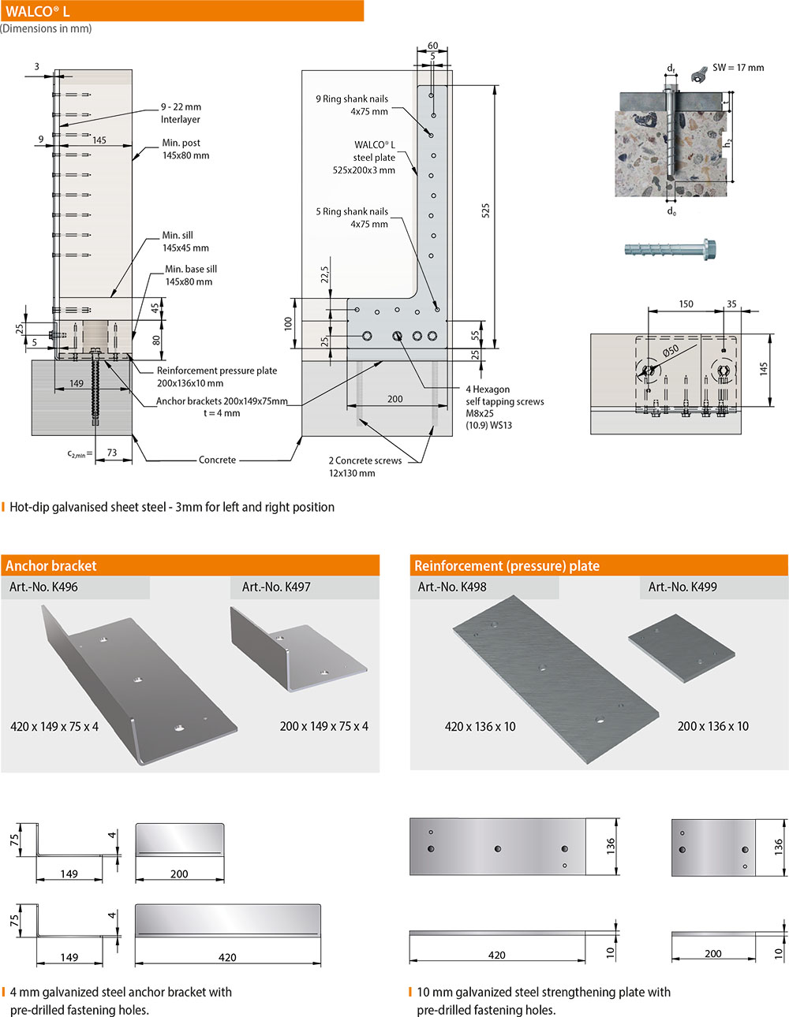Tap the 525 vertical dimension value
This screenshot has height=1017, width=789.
[485, 211]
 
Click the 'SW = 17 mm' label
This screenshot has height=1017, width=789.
[738, 68]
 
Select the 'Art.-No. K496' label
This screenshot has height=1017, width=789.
[43, 587]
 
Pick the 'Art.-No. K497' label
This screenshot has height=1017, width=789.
[276, 587]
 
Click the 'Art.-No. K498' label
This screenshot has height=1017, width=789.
[452, 587]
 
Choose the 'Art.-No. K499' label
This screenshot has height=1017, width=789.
[682, 587]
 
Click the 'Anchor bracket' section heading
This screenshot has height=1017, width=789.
[51, 565]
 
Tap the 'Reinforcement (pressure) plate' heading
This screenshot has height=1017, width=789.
[507, 565]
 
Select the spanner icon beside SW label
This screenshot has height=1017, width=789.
[697, 73]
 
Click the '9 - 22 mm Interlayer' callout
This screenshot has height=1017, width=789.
[181, 113]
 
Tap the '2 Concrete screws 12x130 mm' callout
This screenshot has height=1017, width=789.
[365, 467]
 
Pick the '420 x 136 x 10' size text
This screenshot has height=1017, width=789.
[480, 726]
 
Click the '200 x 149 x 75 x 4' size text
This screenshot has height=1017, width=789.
[323, 726]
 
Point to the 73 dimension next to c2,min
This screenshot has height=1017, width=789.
[112, 453]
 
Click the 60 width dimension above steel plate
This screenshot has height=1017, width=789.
[432, 47]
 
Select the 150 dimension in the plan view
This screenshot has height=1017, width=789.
[686, 304]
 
